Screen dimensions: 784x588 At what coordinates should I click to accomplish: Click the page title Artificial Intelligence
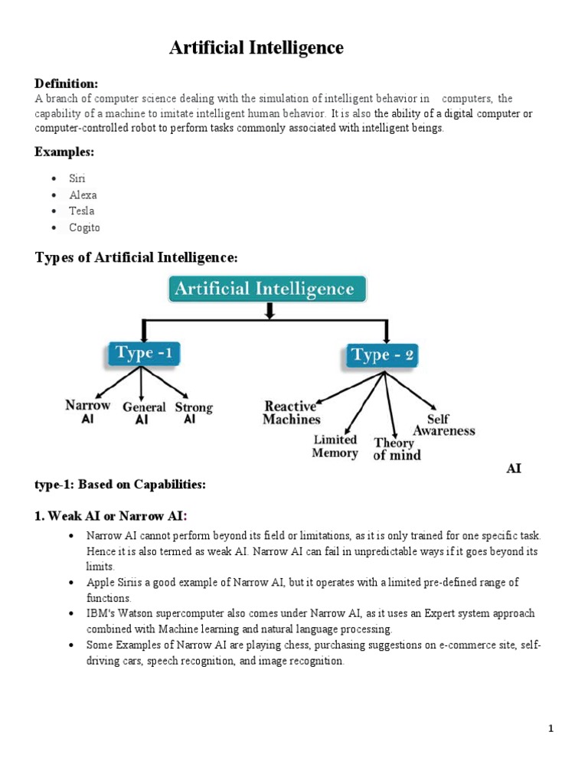point(256,48)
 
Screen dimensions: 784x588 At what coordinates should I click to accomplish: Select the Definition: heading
point(66,83)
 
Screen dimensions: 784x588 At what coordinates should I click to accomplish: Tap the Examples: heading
point(64,152)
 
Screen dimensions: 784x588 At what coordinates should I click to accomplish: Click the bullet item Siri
point(77,178)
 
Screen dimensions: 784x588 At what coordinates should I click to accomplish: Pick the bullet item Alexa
point(83,195)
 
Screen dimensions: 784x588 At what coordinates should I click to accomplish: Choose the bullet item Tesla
point(82,211)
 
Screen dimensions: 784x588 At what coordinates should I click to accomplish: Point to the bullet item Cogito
point(84,227)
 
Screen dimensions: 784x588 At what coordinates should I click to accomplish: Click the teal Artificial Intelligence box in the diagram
point(266,289)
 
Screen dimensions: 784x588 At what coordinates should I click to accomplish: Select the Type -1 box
point(142,354)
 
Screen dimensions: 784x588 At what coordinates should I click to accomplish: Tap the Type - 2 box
point(383,356)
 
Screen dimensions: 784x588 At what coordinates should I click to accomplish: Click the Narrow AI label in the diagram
point(87,412)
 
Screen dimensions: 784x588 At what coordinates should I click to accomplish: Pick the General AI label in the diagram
point(144,413)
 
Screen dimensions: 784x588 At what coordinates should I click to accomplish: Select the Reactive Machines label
point(291,413)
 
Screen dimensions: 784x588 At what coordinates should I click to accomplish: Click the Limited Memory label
point(335,446)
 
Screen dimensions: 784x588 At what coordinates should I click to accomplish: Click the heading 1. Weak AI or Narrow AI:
point(110,516)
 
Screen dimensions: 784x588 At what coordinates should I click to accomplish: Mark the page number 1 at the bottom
point(550,729)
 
